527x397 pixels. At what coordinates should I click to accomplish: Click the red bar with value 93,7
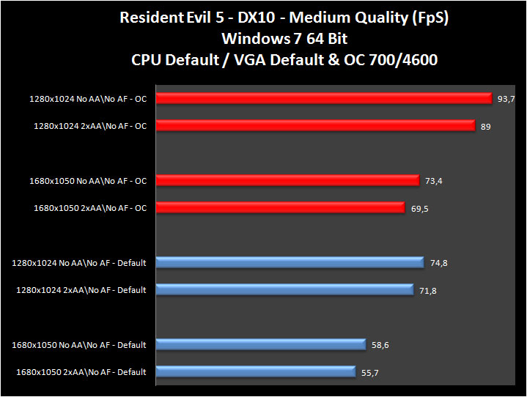pyautogui.click(x=323, y=98)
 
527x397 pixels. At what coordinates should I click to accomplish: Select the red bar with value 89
pyautogui.click(x=315, y=126)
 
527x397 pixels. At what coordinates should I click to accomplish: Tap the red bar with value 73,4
pyautogui.click(x=287, y=180)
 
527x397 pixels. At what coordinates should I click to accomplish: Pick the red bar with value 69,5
pyautogui.click(x=279, y=208)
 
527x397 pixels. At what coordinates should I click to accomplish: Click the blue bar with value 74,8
pyautogui.click(x=290, y=262)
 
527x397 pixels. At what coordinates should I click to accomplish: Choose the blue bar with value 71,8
pyautogui.click(x=284, y=290)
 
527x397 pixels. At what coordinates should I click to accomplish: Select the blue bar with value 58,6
pyautogui.click(x=260, y=344)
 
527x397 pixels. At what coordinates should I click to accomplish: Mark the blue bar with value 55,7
pyautogui.click(x=255, y=371)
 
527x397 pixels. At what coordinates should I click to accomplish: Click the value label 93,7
pyautogui.click(x=506, y=99)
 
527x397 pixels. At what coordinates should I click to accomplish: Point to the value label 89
pyautogui.click(x=485, y=127)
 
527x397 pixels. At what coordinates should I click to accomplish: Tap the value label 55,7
pyautogui.click(x=370, y=373)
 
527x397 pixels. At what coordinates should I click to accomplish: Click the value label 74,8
pyautogui.click(x=438, y=264)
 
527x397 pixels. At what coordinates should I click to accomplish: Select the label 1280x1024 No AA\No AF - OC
pyautogui.click(x=88, y=98)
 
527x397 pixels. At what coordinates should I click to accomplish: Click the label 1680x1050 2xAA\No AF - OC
pyautogui.click(x=90, y=208)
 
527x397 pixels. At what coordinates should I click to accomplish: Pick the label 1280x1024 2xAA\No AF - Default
pyautogui.click(x=81, y=290)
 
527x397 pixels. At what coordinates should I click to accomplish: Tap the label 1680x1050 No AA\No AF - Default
pyautogui.click(x=79, y=344)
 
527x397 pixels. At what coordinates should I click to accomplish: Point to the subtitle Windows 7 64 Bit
pyautogui.click(x=263, y=38)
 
